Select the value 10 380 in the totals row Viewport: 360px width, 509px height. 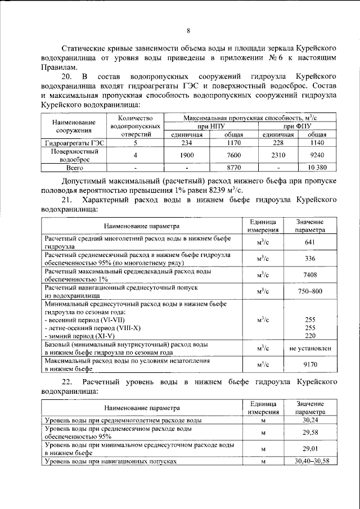(x=318, y=168)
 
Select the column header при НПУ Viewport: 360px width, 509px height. (x=210, y=127)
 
